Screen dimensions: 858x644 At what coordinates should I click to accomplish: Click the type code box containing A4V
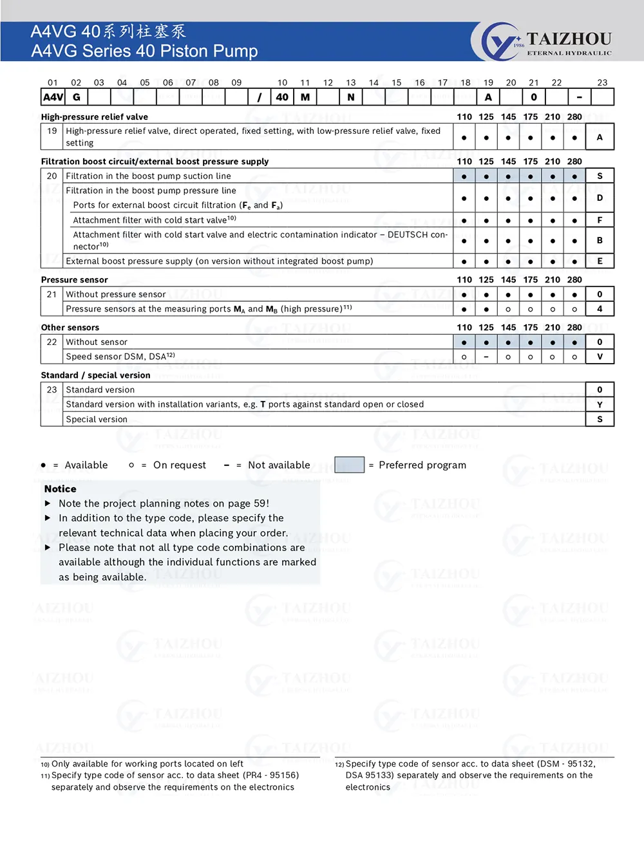[x=53, y=97]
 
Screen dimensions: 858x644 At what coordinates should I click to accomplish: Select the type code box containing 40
[x=282, y=97]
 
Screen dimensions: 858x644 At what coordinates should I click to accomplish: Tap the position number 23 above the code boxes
[x=602, y=82]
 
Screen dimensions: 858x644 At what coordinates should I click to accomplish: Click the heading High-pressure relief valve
[x=95, y=117]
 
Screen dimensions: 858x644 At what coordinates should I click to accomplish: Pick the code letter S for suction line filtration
[x=600, y=176]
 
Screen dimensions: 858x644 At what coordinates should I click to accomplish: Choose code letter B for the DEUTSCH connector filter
[x=600, y=241]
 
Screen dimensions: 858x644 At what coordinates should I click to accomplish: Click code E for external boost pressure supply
[x=600, y=261]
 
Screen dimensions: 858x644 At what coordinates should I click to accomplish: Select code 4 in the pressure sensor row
[x=600, y=309]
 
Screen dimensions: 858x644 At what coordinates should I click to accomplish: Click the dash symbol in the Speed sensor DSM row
[x=486, y=357]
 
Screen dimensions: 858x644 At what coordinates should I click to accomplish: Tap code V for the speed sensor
[x=600, y=357]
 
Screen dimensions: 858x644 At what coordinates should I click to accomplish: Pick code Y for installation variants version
[x=600, y=405]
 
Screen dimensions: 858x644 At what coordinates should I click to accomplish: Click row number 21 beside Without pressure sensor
[x=52, y=294]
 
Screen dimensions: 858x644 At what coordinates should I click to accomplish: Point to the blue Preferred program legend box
[x=350, y=465]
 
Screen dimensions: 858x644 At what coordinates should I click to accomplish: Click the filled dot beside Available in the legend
[x=43, y=465]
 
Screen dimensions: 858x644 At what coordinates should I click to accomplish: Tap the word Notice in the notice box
[x=61, y=489]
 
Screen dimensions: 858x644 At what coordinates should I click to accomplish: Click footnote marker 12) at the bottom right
[x=339, y=765]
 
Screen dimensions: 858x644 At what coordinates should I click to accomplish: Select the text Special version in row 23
[x=97, y=420]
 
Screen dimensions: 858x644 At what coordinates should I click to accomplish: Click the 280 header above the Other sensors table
[x=574, y=328]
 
